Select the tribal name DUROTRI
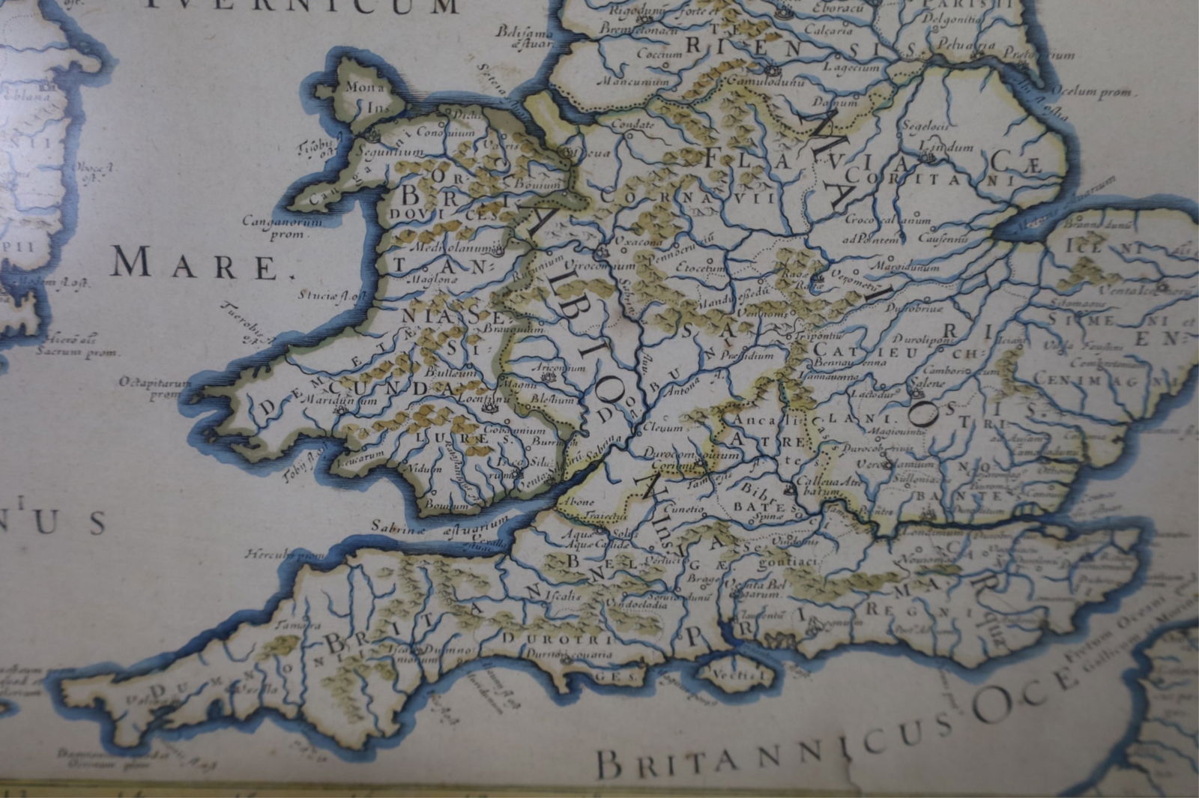tap(558, 639)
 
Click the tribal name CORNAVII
tap(686, 197)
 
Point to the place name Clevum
tap(662, 428)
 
